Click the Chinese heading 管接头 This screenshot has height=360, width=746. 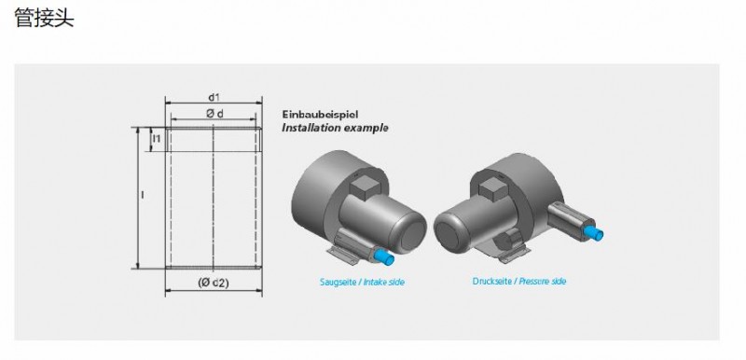coord(44,18)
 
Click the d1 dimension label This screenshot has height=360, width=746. coord(214,97)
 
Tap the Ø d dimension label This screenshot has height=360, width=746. coord(214,113)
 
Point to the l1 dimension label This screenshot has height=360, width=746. coord(157,139)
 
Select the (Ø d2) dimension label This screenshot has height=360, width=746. coord(214,283)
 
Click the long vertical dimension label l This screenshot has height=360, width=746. coord(143,195)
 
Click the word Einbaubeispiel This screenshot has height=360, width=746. coord(320,115)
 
